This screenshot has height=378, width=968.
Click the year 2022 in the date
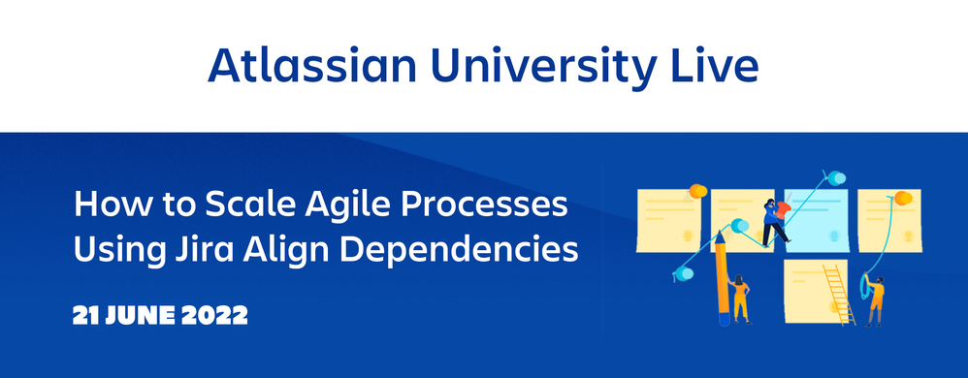[x=212, y=316]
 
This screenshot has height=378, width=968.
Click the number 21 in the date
[x=86, y=316]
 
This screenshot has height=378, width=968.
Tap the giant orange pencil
[x=722, y=281]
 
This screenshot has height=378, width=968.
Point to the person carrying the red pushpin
[x=776, y=221]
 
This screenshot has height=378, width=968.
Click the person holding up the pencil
[x=741, y=299]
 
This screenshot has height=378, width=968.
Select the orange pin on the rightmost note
[x=903, y=198]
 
